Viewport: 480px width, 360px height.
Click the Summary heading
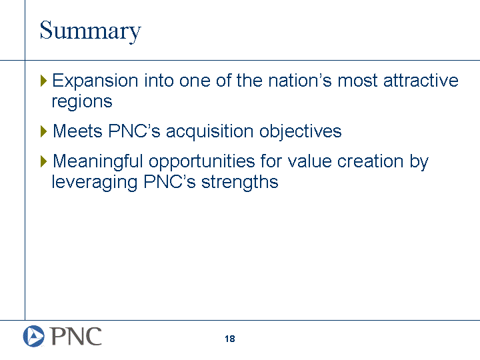tap(90, 31)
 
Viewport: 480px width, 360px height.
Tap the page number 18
tap(230, 339)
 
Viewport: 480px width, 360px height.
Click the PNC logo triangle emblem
tap(34, 336)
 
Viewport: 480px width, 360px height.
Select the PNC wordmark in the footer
tap(75, 336)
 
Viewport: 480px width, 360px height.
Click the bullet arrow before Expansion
tap(43, 81)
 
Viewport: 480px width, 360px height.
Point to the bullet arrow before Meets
tap(43, 131)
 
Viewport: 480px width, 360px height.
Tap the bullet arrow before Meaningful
tap(43, 161)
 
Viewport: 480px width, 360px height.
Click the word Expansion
tap(95, 81)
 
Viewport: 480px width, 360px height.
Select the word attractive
tap(421, 81)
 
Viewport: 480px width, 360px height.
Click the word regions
tap(82, 102)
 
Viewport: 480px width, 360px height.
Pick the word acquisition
tap(210, 131)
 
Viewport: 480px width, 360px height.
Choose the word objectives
tap(300, 131)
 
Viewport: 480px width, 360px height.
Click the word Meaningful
tap(98, 161)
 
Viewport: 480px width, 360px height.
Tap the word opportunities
tap(202, 161)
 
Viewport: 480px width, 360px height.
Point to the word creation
tap(370, 161)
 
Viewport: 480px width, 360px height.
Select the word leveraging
tap(94, 183)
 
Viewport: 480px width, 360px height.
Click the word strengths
tap(240, 182)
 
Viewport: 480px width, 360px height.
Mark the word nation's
tap(300, 81)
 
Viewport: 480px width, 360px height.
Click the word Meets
tap(78, 131)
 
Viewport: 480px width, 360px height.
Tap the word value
tap(310, 161)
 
